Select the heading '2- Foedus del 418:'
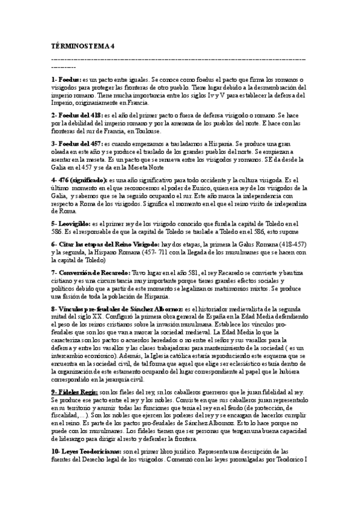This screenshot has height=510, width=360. pyautogui.click(x=78, y=114)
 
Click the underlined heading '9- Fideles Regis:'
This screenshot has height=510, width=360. pyautogui.click(x=78, y=392)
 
